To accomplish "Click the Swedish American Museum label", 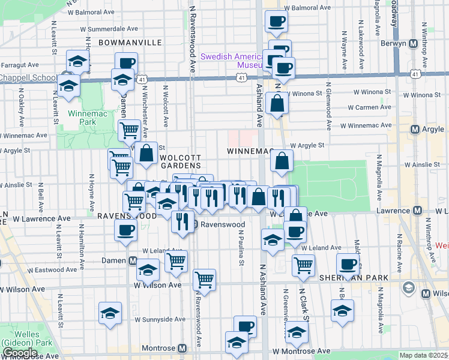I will click(231, 61).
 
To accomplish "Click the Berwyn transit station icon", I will click(414, 44).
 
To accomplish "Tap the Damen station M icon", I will click(132, 260).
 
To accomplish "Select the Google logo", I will click(20, 353).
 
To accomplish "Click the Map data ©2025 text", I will click(423, 355).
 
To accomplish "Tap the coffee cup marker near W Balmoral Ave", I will click(276, 22).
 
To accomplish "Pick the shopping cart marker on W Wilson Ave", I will click(204, 279).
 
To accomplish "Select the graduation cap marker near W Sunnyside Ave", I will click(109, 313).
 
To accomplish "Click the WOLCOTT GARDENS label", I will click(179, 161).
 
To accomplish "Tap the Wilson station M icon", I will click(426, 293).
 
